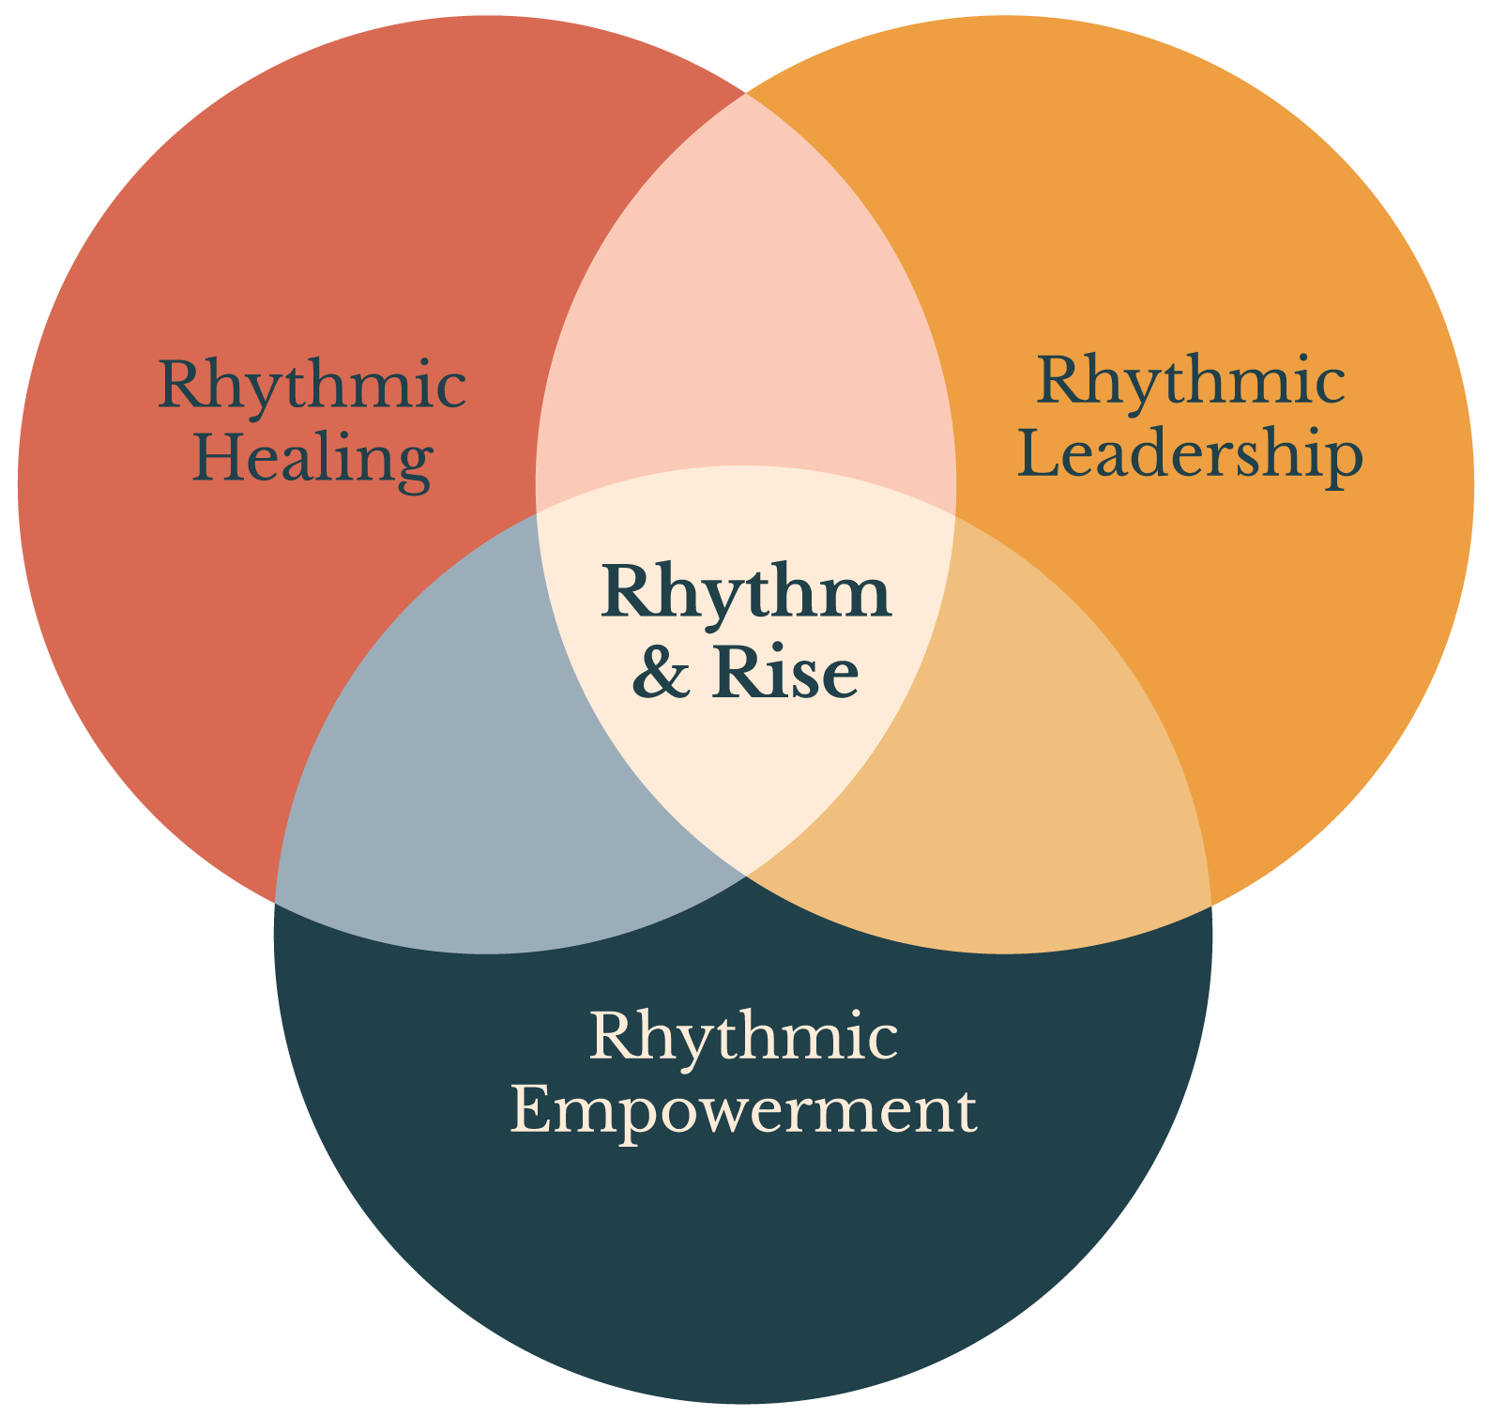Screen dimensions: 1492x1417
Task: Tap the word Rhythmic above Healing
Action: point(312,385)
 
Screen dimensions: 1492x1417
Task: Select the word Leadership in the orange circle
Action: point(1190,454)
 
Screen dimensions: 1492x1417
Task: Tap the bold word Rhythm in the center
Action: point(746,593)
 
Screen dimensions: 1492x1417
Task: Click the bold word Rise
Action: point(785,672)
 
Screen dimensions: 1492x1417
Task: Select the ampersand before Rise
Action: point(661,673)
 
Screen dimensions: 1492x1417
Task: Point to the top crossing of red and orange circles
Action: point(746,94)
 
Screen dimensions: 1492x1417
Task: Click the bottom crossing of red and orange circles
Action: point(746,876)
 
